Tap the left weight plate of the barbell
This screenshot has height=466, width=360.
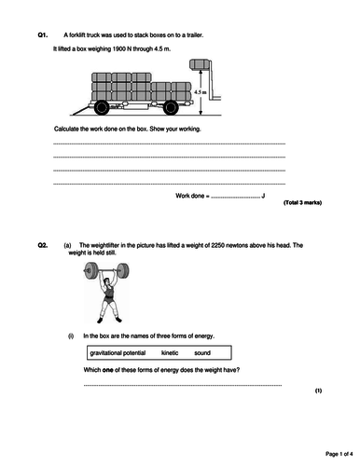[x=87, y=273]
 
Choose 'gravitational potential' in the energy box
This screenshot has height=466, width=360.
[x=118, y=353]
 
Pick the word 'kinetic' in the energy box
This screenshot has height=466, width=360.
[x=169, y=353]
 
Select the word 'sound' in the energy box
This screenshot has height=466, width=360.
[x=202, y=353]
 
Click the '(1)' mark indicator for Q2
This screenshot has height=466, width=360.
[x=318, y=391]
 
